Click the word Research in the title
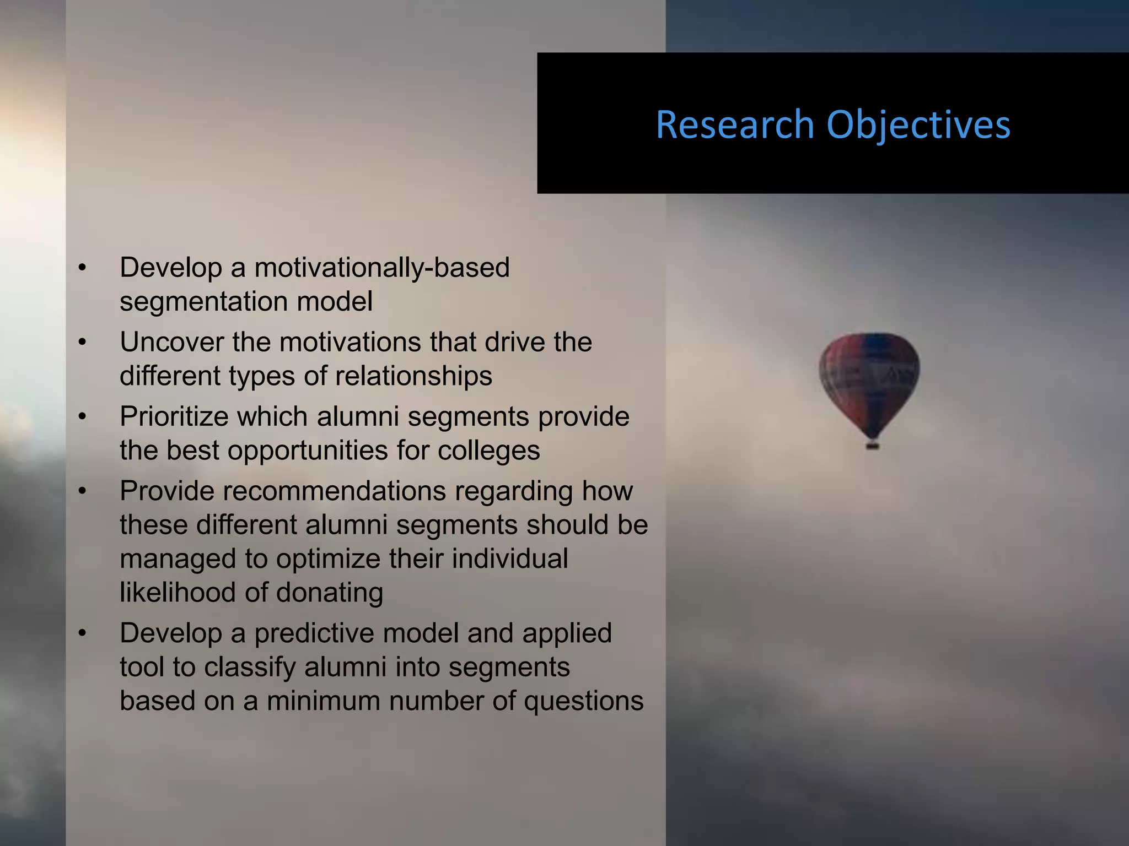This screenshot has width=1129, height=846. pyautogui.click(x=735, y=125)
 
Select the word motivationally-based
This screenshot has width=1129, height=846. pyautogui.click(x=381, y=268)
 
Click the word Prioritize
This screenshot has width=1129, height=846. pyautogui.click(x=174, y=416)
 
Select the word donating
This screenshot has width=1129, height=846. pyautogui.click(x=329, y=593)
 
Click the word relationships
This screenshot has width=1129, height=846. pyautogui.click(x=413, y=376)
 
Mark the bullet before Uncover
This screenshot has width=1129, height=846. pyautogui.click(x=83, y=343)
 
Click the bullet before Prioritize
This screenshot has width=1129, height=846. pyautogui.click(x=83, y=417)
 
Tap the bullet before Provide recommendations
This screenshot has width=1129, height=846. pyautogui.click(x=83, y=491)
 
